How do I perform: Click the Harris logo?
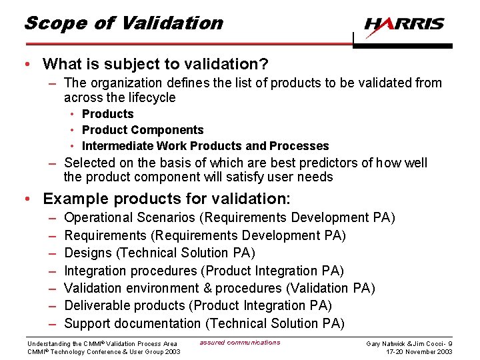(404, 24)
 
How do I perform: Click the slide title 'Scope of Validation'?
(123, 23)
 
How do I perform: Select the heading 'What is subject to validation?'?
(155, 64)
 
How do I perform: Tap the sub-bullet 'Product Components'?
(143, 130)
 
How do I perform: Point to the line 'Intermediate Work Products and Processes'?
(205, 146)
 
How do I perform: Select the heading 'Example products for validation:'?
(167, 199)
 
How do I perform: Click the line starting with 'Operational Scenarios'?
(229, 218)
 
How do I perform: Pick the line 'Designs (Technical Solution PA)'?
(160, 253)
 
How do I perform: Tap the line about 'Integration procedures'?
(204, 271)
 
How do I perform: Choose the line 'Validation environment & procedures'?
(219, 288)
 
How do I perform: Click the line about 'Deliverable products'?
(198, 306)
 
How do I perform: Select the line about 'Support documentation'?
(204, 323)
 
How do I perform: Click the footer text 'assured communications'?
(240, 343)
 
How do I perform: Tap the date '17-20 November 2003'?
(419, 352)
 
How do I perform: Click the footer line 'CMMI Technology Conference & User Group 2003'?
(103, 352)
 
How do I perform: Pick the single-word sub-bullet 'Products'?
(107, 114)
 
